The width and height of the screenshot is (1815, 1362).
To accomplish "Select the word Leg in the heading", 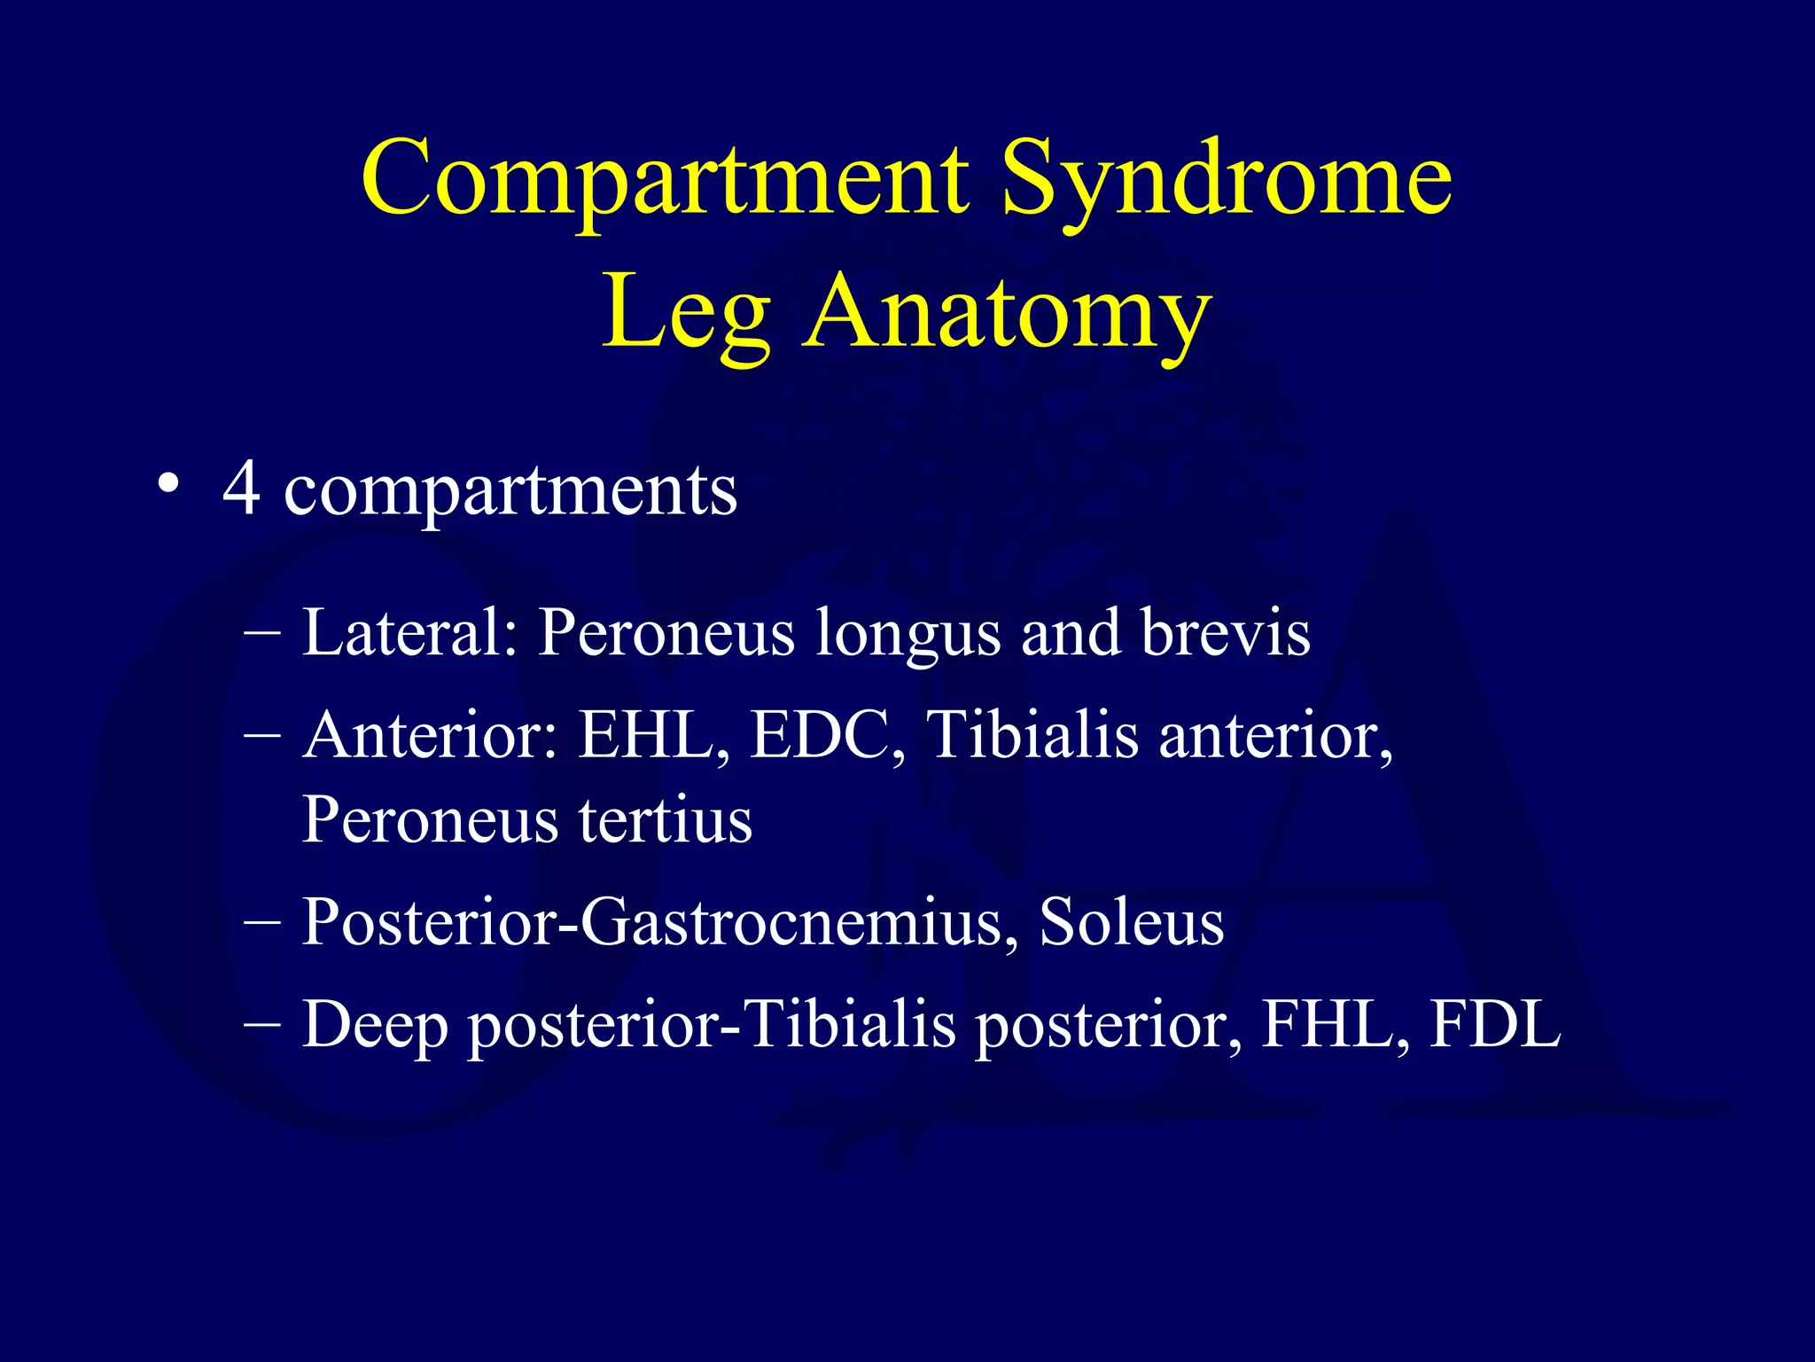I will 686,312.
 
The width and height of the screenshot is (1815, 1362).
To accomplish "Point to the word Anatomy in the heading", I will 1007,312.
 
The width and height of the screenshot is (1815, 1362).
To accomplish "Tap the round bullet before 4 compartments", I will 167,486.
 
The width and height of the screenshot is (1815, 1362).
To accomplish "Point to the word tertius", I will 665,819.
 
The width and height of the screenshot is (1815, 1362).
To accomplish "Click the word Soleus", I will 1131,922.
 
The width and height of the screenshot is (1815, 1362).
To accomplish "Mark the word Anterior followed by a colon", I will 431,735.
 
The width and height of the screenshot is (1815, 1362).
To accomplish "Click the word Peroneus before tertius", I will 429,819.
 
